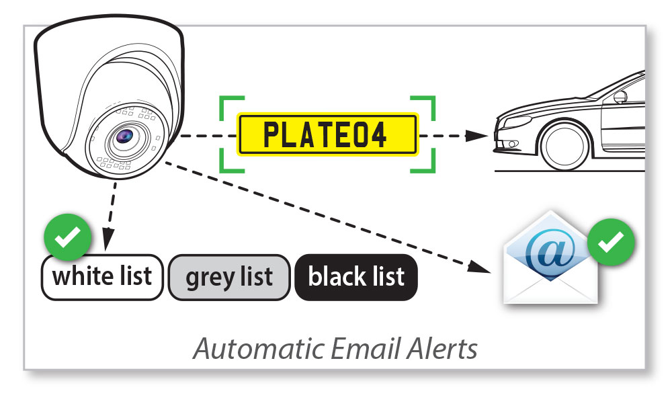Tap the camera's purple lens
[124, 137]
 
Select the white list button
[102, 277]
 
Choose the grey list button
[229, 277]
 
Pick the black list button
[356, 277]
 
